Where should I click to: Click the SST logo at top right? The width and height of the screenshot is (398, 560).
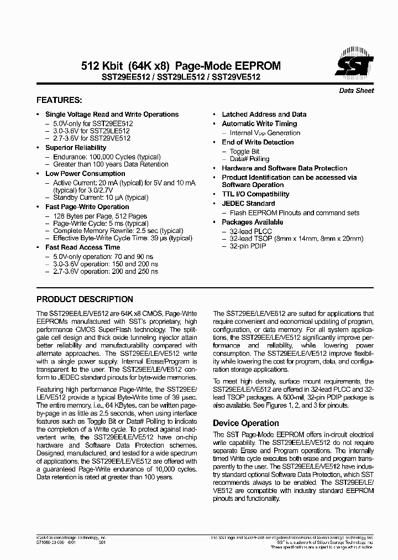pos(355,65)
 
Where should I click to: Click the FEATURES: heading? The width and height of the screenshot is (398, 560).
pos(59,100)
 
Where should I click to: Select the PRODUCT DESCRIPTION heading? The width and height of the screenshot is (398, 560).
pos(85,299)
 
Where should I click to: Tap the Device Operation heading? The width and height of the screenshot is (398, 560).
pos(246,423)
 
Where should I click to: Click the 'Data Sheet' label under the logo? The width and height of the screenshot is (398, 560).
pos(356,91)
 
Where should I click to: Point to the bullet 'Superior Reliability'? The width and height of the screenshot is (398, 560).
pos(76,148)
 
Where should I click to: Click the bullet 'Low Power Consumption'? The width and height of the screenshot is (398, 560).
pos(85,174)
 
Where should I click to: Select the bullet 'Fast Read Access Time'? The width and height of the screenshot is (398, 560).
pos(82,247)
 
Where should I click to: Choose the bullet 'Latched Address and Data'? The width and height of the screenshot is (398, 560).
pos(264,115)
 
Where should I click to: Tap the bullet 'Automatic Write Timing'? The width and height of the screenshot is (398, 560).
pos(259,124)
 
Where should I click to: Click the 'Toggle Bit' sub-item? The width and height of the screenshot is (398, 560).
pos(244,152)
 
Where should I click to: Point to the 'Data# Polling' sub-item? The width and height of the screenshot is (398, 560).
pos(249,159)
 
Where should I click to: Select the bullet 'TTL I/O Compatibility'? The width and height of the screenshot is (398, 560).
pos(255,194)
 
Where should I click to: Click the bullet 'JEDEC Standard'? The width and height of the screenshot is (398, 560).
pos(248,204)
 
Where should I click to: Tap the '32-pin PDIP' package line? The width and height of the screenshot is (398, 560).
pos(248,246)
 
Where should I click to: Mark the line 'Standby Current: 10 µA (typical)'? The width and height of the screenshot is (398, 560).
pos(101,198)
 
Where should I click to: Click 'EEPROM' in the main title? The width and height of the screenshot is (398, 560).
pos(256,66)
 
